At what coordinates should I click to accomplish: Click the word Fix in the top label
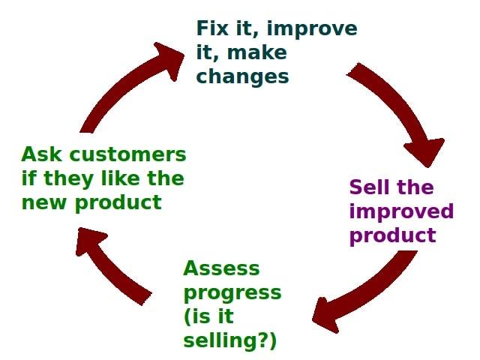pos(212,29)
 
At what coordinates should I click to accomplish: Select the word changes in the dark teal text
pos(242,76)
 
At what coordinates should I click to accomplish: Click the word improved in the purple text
pos(401,211)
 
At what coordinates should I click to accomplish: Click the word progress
pos(232,292)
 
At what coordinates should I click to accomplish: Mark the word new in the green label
pos(42,202)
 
